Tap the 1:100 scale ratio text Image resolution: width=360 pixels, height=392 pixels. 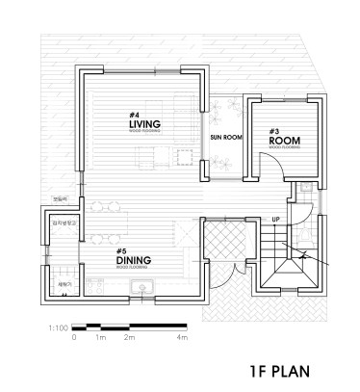pyautogui.click(x=56, y=328)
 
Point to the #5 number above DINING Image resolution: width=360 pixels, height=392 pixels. pyautogui.click(x=121, y=248)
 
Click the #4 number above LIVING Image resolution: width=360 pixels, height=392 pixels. pyautogui.click(x=134, y=115)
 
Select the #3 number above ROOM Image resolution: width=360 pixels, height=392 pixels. pyautogui.click(x=274, y=130)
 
